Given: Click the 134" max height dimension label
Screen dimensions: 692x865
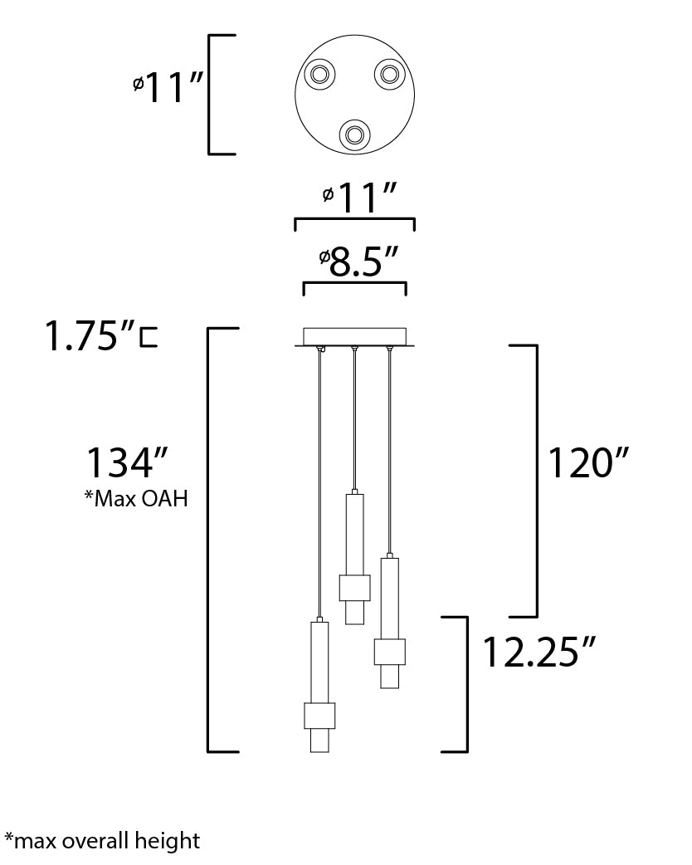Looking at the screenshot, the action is [x=126, y=462].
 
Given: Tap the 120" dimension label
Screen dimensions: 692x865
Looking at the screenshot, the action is [x=587, y=462].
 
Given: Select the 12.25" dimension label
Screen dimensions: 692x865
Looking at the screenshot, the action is [x=538, y=652].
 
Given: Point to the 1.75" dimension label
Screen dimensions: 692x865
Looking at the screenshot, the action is [x=90, y=335].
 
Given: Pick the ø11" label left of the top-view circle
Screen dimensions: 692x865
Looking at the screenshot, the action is [x=168, y=87].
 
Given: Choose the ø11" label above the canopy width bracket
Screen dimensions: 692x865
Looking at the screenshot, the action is [x=359, y=197].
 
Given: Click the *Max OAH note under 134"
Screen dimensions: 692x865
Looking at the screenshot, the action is [x=136, y=498].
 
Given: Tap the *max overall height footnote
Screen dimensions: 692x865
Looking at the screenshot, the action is [x=102, y=841].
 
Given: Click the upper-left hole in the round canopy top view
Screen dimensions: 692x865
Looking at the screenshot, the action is [x=319, y=73].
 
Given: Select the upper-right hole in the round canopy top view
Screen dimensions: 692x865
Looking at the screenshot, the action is [x=390, y=73].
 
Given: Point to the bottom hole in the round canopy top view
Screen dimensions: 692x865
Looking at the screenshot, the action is [x=354, y=134].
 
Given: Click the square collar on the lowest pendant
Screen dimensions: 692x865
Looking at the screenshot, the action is [x=319, y=716].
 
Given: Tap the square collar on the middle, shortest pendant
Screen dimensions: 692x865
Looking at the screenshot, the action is [x=354, y=588].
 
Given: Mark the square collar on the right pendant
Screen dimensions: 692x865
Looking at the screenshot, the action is [x=390, y=652].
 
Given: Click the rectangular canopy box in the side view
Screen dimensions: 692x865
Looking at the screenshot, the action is [x=354, y=336].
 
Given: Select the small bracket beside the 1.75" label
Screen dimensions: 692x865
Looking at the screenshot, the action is [x=148, y=338].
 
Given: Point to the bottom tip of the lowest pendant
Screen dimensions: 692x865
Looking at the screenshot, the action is [x=319, y=752].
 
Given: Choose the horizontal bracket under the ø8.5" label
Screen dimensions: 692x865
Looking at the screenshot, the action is [x=354, y=284].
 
